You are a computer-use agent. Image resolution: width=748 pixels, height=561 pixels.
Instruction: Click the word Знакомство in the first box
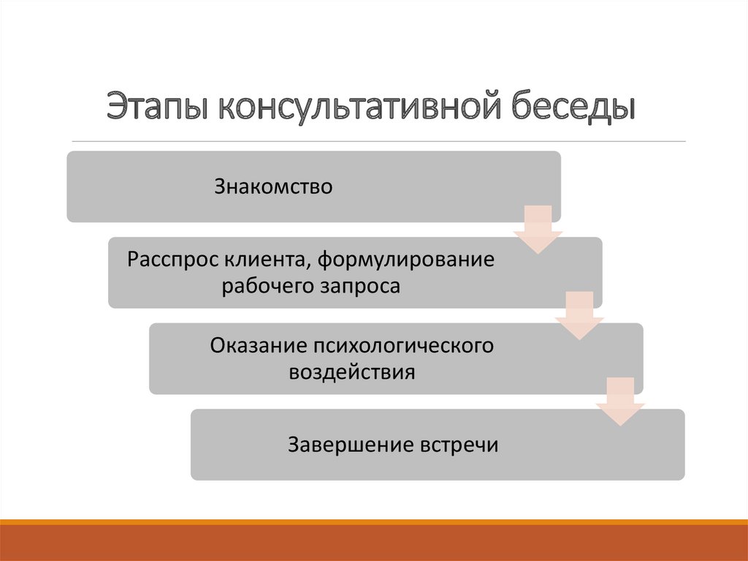tap(274, 187)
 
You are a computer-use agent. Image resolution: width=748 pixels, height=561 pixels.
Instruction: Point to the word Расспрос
tap(172, 259)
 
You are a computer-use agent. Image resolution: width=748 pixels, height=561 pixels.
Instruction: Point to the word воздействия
tap(352, 372)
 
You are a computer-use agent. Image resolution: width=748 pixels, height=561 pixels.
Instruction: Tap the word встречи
tap(459, 445)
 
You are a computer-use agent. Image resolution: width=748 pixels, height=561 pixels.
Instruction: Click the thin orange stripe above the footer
tap(374, 522)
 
